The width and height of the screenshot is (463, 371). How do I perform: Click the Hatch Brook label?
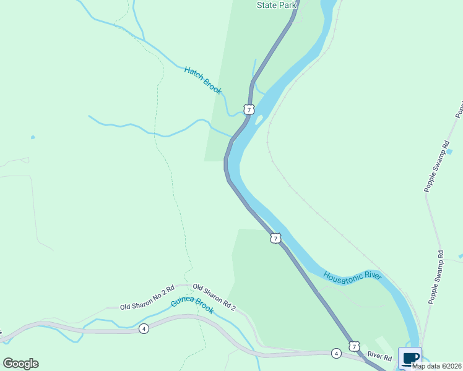coord(203,80)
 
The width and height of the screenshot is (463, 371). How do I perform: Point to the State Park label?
coord(277,5)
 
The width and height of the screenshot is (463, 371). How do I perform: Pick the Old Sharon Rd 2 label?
coord(214,297)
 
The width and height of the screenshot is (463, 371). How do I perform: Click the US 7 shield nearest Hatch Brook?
coord(248,109)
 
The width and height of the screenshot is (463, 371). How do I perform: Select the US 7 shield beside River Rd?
coord(353,346)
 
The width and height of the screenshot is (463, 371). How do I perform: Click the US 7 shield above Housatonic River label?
coord(275,238)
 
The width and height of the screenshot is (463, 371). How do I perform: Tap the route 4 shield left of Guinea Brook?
coord(144,328)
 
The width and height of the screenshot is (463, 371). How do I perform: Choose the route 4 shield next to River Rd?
coord(335,354)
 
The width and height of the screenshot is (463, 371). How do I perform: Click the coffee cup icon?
coord(410,358)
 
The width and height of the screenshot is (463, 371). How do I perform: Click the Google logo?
coord(20,364)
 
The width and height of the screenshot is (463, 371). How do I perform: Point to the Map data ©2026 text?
coord(436,366)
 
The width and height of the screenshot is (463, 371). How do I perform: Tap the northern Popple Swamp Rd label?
coord(436,166)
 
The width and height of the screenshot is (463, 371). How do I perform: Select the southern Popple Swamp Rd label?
coord(436,276)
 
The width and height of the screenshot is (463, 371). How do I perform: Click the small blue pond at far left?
coord(32,137)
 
